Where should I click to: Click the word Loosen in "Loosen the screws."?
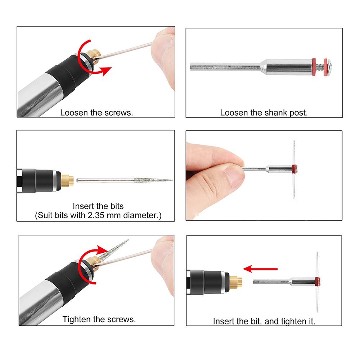(74, 112)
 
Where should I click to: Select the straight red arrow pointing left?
(260, 269)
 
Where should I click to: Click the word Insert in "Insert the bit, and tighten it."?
(224, 321)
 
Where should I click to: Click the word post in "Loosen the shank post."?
(299, 113)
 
